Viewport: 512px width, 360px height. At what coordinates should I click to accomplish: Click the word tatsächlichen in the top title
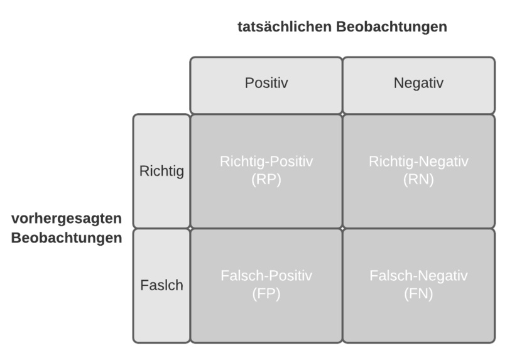tap(285, 26)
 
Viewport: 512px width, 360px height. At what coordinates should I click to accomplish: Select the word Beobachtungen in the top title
tap(391, 26)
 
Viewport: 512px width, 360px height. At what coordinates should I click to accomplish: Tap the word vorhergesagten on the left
tap(67, 219)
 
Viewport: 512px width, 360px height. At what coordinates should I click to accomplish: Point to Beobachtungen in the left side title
tap(67, 237)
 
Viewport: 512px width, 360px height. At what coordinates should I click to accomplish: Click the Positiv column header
tap(266, 83)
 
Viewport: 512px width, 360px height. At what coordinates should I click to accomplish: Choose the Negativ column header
tap(418, 83)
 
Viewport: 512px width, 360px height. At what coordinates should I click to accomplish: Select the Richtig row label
tap(161, 171)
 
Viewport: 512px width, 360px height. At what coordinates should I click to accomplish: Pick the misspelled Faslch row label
tap(161, 285)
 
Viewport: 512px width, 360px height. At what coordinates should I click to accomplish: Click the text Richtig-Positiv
tap(266, 161)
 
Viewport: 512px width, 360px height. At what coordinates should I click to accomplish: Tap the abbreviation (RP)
tap(266, 179)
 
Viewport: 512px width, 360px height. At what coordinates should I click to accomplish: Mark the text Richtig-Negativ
tap(418, 161)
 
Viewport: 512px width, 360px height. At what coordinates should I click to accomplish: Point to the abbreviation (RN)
tap(418, 179)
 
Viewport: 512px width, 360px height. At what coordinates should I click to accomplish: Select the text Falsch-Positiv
tap(266, 276)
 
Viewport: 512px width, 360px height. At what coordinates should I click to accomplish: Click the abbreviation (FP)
tap(266, 293)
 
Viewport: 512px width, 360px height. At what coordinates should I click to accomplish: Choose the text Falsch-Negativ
tap(418, 276)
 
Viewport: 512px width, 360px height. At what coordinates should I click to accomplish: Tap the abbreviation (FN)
tap(418, 293)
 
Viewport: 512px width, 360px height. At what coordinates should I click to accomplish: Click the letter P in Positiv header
tap(249, 83)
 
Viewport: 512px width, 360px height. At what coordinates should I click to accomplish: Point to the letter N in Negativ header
tap(399, 83)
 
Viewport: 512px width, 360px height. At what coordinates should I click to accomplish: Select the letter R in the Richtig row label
tap(144, 170)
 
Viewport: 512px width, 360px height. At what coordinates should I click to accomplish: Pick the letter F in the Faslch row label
tap(144, 285)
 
